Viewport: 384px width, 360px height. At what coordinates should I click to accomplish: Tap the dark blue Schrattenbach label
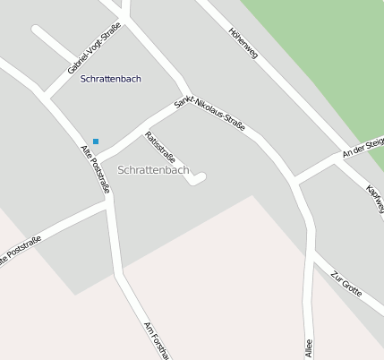click(x=111, y=79)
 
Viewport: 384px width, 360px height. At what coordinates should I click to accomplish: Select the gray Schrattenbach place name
click(x=153, y=169)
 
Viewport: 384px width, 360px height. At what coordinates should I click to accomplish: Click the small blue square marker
click(x=96, y=141)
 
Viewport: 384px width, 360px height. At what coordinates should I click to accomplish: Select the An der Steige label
click(x=363, y=145)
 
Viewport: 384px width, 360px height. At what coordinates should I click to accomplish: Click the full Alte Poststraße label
click(x=95, y=169)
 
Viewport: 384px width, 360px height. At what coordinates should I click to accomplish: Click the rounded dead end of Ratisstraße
click(x=200, y=177)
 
